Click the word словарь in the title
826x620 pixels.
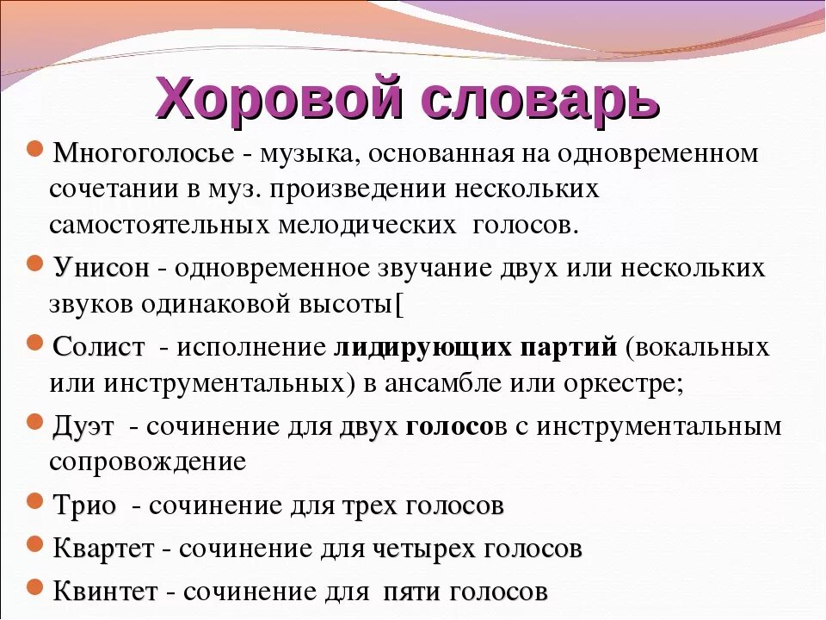pyautogui.click(x=541, y=96)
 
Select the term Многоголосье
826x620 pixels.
pyautogui.click(x=143, y=154)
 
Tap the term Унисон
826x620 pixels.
pyautogui.click(x=101, y=267)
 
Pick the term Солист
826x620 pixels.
pyautogui.click(x=99, y=348)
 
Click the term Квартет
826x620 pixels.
pyautogui.click(x=103, y=549)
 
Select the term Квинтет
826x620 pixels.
pyautogui.click(x=105, y=592)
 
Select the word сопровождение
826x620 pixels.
pyautogui.click(x=147, y=462)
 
